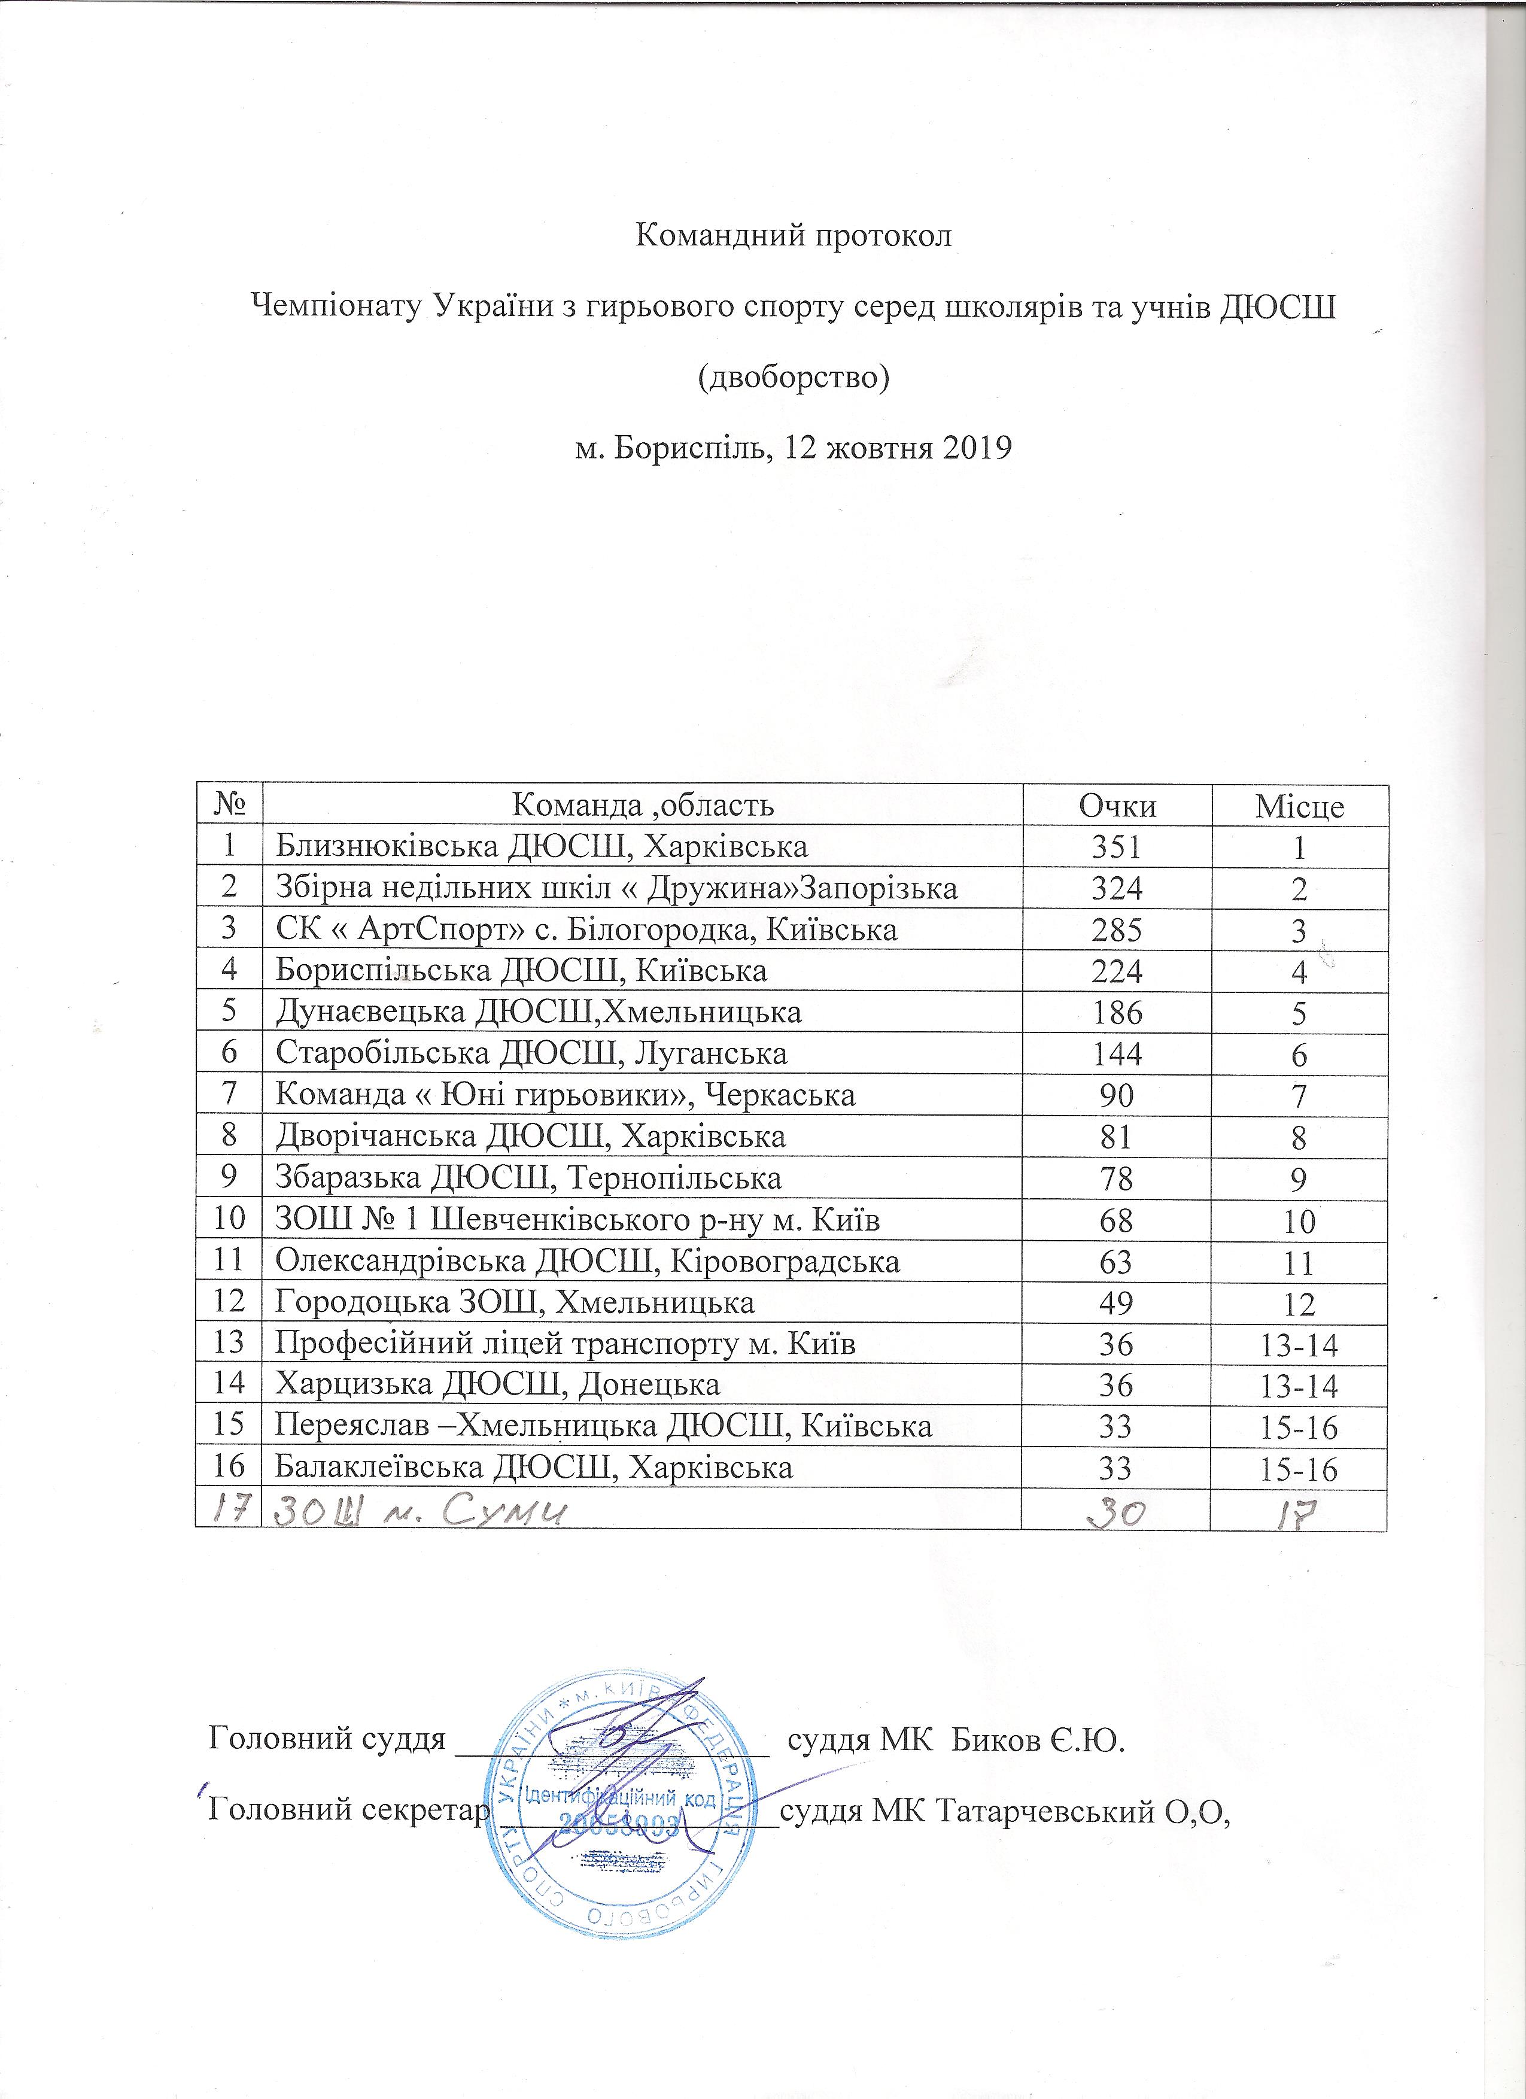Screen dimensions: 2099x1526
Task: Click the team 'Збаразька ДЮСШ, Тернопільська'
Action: pos(528,1178)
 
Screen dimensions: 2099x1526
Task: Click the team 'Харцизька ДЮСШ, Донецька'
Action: pos(498,1386)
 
